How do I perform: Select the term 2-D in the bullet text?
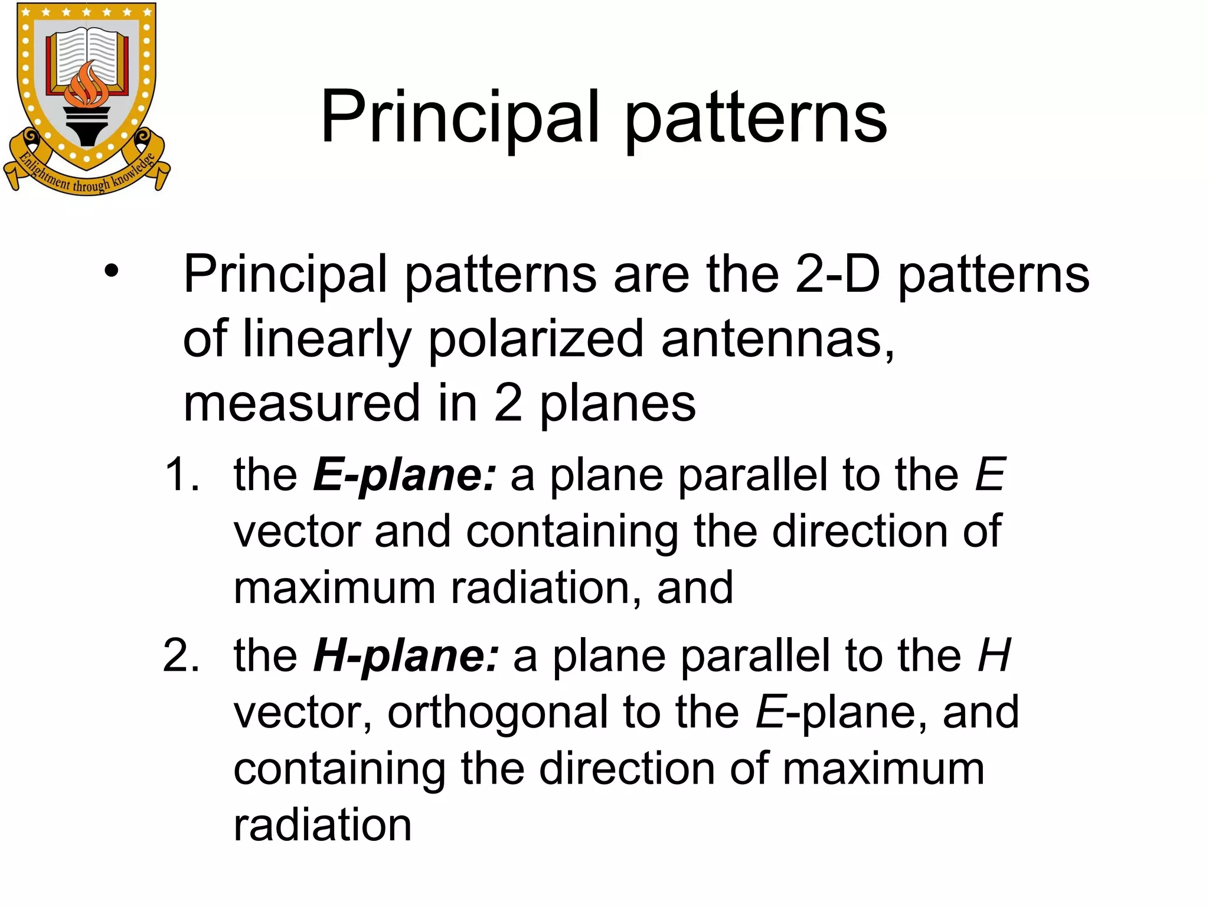pos(837,275)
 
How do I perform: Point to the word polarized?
pos(535,340)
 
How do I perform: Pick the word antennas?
pos(777,340)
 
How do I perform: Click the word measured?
pos(301,404)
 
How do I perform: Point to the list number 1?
pos(181,475)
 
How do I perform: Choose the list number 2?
pos(181,656)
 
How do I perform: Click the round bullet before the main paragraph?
pos(111,272)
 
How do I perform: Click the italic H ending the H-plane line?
pos(994,656)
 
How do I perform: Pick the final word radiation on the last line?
pos(322,826)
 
